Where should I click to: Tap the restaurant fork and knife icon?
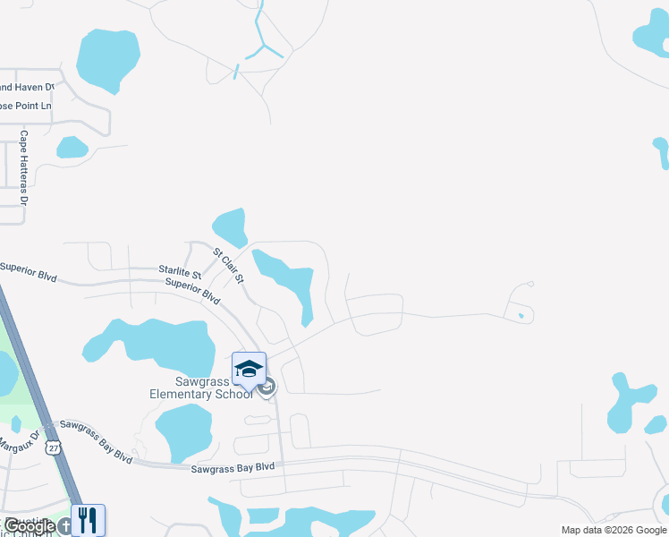(x=88, y=520)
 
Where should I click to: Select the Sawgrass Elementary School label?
(x=201, y=388)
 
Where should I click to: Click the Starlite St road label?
(x=180, y=270)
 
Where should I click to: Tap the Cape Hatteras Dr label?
(x=24, y=164)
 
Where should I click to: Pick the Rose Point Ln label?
(x=25, y=106)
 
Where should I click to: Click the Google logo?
(x=30, y=526)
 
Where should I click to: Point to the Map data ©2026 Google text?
(x=614, y=530)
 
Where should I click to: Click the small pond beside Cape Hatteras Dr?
(x=72, y=147)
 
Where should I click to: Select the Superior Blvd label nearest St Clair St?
(x=191, y=290)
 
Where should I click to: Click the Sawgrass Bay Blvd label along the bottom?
(x=233, y=468)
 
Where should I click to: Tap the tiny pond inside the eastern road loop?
(x=521, y=315)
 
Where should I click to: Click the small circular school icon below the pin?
(x=267, y=387)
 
